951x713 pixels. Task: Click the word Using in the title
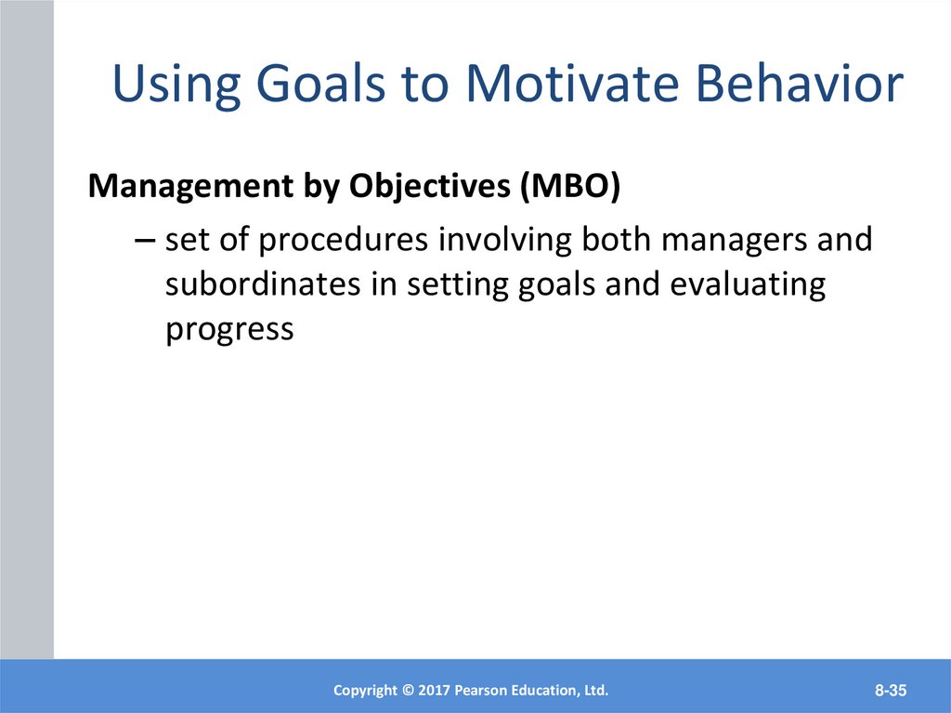click(176, 85)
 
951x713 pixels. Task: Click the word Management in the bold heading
click(190, 186)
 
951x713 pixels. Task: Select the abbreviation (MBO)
click(570, 186)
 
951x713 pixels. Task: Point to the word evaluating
click(748, 285)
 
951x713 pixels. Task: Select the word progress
click(230, 330)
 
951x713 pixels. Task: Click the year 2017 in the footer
click(434, 691)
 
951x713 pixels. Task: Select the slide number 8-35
click(891, 691)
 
